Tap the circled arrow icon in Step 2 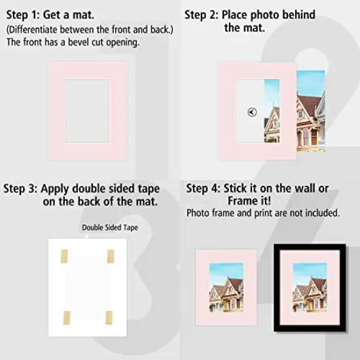pyautogui.click(x=253, y=112)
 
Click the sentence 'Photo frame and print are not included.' pyautogui.click(x=263, y=213)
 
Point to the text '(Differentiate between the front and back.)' pyautogui.click(x=81, y=29)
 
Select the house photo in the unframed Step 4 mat pyautogui.click(x=226, y=289)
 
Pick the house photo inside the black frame pyautogui.click(x=310, y=289)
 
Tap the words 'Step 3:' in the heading pyautogui.click(x=20, y=189)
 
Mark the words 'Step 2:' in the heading pyautogui.click(x=201, y=14)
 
